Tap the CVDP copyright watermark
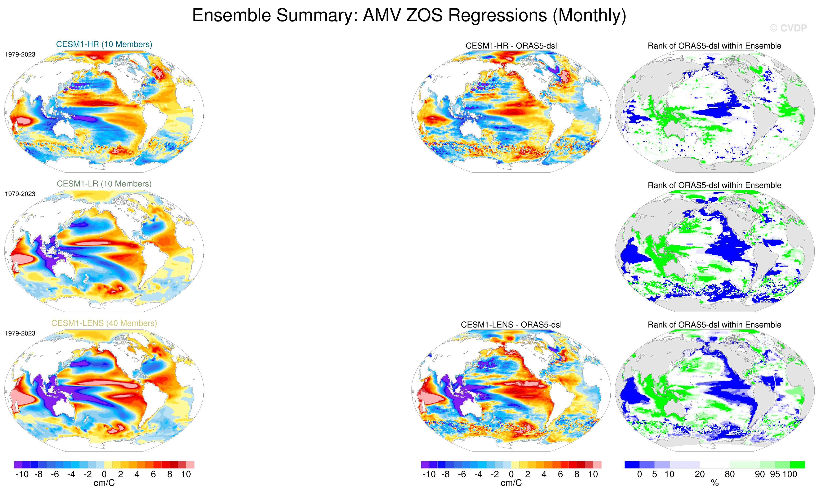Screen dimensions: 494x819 click(788, 28)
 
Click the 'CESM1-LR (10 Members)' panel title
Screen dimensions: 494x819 click(104, 184)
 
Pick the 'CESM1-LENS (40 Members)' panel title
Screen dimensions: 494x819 click(104, 323)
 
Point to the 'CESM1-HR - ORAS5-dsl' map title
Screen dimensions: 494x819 click(511, 46)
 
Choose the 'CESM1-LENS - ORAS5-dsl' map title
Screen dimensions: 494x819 click(511, 325)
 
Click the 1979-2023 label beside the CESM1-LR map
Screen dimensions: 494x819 click(20, 194)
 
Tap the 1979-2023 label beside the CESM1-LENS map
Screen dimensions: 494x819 click(20, 333)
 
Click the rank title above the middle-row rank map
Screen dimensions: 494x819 click(714, 185)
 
